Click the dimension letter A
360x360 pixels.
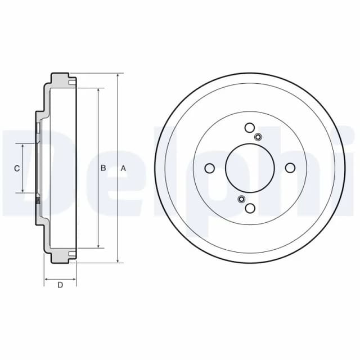pos(124,169)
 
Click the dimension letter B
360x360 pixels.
pos(103,168)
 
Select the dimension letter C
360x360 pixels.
pos(17,169)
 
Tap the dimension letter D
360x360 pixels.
pos(60,285)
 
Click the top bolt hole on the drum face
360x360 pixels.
pos(250,128)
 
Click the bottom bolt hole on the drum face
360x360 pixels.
pos(250,208)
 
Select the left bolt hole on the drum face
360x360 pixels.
pos(209,168)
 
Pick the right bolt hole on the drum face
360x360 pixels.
pos(290,168)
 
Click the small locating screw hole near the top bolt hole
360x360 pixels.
pos(258,137)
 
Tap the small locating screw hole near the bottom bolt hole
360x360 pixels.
pos(241,199)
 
